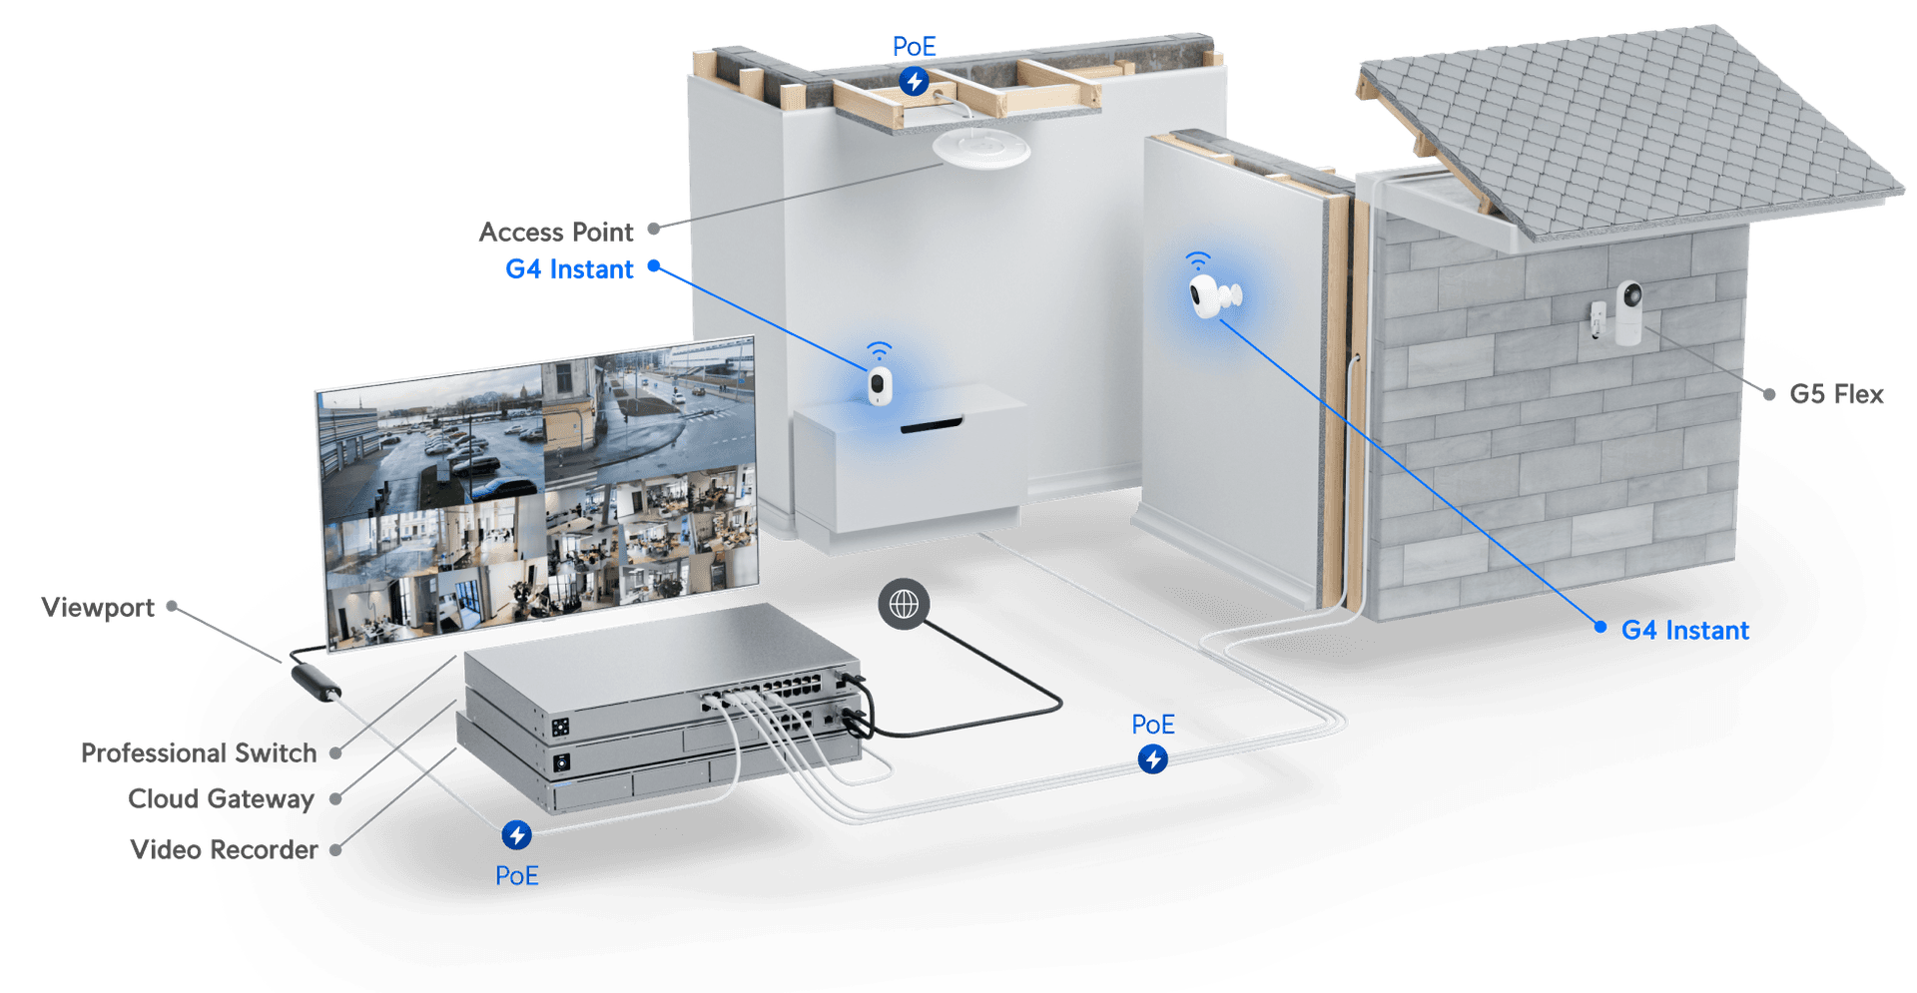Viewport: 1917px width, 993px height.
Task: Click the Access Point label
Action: tap(556, 232)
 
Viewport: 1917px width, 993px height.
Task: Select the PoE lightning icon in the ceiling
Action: tap(914, 81)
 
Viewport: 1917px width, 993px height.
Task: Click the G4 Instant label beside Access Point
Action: tap(569, 268)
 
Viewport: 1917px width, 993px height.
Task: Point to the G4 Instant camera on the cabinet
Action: tap(879, 385)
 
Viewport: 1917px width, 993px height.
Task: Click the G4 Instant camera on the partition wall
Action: tap(1212, 296)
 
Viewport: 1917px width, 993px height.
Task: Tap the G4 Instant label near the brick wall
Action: tap(1685, 630)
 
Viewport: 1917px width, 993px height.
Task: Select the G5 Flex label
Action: tap(1836, 394)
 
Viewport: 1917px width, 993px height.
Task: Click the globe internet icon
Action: tap(904, 604)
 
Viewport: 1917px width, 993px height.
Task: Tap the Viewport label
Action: tap(98, 606)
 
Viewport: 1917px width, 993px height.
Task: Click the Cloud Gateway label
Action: tap(222, 797)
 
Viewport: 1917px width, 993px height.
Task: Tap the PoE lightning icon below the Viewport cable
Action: tap(516, 833)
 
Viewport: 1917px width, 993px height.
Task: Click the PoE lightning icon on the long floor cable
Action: tap(1153, 759)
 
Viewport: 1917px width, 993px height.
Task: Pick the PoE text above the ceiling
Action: tap(915, 46)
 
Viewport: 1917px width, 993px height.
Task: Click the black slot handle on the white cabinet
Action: tap(931, 426)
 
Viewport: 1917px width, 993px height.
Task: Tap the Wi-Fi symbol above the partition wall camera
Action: tap(1197, 261)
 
